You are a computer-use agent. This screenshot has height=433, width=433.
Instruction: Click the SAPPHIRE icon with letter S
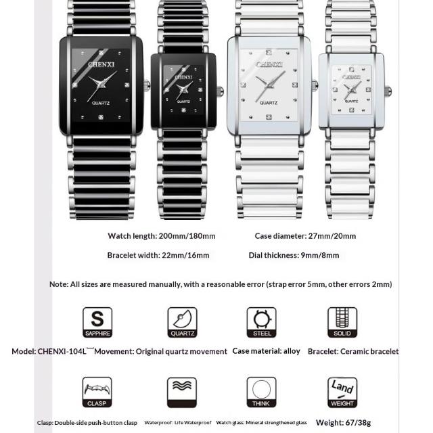coord(97,322)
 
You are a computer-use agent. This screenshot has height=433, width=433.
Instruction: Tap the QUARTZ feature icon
coord(182,322)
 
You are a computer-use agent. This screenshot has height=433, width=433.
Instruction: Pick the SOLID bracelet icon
coord(342,322)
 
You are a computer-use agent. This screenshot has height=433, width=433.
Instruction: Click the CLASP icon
coord(97,392)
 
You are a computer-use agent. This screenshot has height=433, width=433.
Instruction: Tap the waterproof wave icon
coord(182,392)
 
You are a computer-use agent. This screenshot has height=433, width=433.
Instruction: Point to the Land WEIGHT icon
coord(342,392)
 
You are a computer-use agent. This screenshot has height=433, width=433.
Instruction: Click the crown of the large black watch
coord(146,86)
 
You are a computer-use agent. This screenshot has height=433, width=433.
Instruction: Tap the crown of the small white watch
coord(388,91)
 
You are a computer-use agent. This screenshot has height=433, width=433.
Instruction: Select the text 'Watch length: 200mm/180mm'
coord(162,236)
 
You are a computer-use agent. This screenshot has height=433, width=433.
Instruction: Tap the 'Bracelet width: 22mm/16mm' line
coord(158,255)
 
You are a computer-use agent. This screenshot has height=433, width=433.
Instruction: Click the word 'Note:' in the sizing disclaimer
coord(59,284)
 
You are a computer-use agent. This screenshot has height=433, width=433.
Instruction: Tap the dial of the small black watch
coord(183,90)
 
